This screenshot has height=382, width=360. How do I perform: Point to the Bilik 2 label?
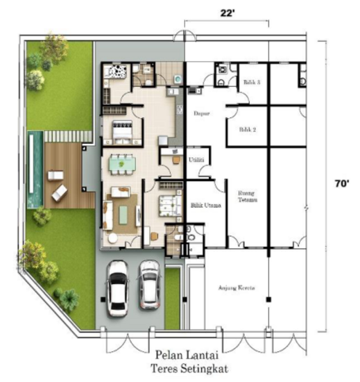[248, 130]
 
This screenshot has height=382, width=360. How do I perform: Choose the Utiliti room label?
[196, 159]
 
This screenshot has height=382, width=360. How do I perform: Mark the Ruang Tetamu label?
[248, 197]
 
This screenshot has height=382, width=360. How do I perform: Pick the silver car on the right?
[148, 284]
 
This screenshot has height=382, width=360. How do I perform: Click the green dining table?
[125, 164]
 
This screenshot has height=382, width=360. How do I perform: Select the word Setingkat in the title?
[212, 368]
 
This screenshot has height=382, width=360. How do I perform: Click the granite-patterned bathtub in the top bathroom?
[115, 72]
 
